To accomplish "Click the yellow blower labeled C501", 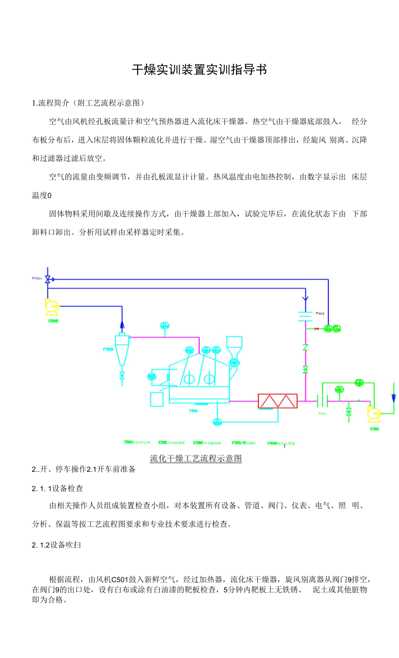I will pyautogui.click(x=373, y=414).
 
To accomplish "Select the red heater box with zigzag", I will pyautogui.click(x=278, y=401).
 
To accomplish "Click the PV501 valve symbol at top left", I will pyautogui.click(x=48, y=279).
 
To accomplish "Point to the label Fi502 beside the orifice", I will pyautogui.click(x=320, y=313).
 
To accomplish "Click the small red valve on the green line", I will pyautogui.click(x=316, y=329).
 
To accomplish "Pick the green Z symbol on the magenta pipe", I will pyautogui.click(x=305, y=347).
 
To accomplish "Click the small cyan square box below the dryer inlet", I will pyautogui.click(x=157, y=399).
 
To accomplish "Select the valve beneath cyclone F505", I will pyautogui.click(x=122, y=375).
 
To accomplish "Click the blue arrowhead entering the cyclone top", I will pyautogui.click(x=122, y=324).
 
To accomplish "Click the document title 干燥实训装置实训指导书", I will pyautogui.click(x=199, y=69).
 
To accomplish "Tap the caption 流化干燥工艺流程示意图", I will pyautogui.click(x=196, y=458).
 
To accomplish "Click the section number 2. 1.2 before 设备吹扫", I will pyautogui.click(x=41, y=545).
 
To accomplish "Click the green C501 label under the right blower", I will pyautogui.click(x=374, y=429).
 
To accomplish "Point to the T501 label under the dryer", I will pyautogui.click(x=193, y=411).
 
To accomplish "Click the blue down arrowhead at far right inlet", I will pyautogui.click(x=393, y=398).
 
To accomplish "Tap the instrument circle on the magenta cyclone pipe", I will pyautogui.click(x=164, y=326).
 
